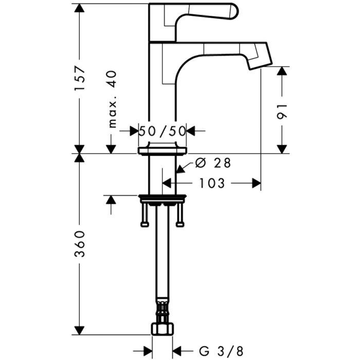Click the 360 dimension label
pyautogui.click(x=79, y=247)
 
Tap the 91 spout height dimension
pyautogui.click(x=281, y=111)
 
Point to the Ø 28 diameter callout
pyautogui.click(x=212, y=163)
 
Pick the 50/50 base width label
pyautogui.click(x=162, y=131)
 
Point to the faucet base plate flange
pyautogui.click(x=162, y=151)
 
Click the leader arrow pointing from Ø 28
pyautogui.click(x=179, y=169)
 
